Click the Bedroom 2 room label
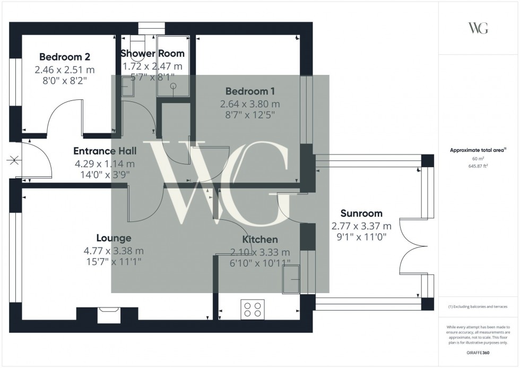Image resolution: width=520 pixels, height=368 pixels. point(65,57)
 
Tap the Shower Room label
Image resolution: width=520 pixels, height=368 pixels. point(152,53)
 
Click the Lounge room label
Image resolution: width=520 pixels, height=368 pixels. point(114,238)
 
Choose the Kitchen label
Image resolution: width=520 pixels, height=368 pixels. point(260,239)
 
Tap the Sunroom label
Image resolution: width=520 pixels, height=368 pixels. point(361,213)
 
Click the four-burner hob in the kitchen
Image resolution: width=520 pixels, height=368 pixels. point(253,309)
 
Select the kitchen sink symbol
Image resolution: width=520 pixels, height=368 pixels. point(291,279)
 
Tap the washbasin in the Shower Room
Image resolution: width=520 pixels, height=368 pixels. point(127,87)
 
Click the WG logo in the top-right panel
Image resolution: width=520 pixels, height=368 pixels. point(479,28)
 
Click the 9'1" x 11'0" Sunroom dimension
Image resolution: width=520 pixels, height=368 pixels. point(361,238)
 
